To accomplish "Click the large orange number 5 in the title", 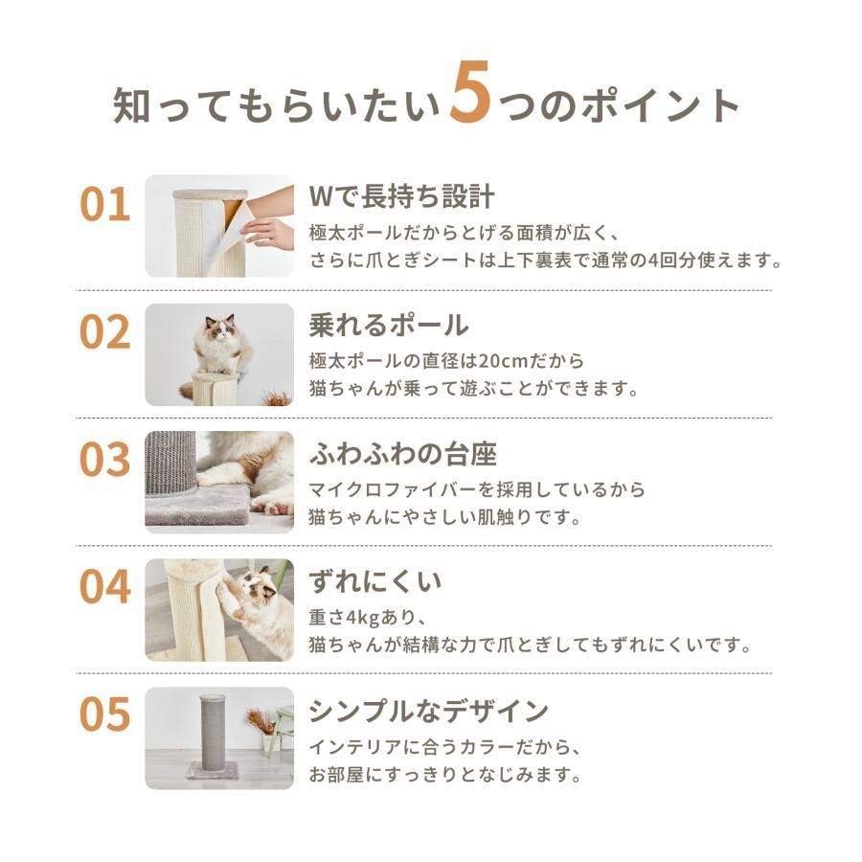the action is click(x=470, y=92).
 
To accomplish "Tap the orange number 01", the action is click(x=105, y=205).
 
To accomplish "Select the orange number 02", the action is click(x=105, y=332).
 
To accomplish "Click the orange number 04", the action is click(x=105, y=588).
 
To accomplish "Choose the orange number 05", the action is click(x=105, y=715).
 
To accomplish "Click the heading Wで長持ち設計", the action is click(x=402, y=196).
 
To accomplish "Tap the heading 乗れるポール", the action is click(x=389, y=325).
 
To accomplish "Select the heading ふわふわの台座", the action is click(x=403, y=454).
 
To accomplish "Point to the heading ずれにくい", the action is click(x=375, y=581).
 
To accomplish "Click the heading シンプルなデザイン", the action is click(x=429, y=711).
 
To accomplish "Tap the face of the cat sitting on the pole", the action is click(x=221, y=331).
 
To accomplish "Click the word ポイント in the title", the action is click(x=660, y=105).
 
